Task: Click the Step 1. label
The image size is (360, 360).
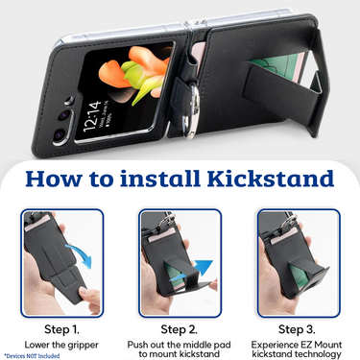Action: [x=61, y=329]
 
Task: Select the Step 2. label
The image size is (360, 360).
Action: [x=180, y=329]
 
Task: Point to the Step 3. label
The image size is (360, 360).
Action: [x=297, y=329]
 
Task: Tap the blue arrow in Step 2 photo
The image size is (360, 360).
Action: [x=191, y=272]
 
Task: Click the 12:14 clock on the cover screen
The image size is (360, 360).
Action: [x=92, y=116]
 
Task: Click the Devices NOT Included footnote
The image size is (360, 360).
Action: [x=32, y=355]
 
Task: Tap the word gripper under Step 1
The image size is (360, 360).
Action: [x=83, y=346]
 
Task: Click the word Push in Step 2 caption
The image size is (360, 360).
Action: [x=136, y=345]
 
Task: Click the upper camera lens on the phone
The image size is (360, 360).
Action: [x=64, y=115]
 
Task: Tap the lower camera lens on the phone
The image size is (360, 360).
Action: [x=60, y=134]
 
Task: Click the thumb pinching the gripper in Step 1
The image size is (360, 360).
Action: [x=90, y=298]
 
